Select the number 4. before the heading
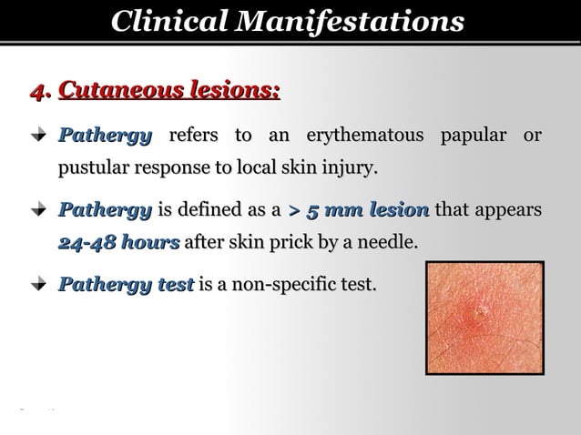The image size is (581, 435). [x=40, y=91]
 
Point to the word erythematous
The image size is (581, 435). [x=365, y=137]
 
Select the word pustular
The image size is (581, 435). [x=95, y=169]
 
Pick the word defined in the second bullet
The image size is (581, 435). [x=214, y=211]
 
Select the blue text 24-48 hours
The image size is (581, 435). [x=118, y=243]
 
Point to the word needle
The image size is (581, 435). [x=392, y=243]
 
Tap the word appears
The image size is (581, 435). [x=506, y=211]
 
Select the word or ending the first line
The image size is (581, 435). [x=531, y=137]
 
